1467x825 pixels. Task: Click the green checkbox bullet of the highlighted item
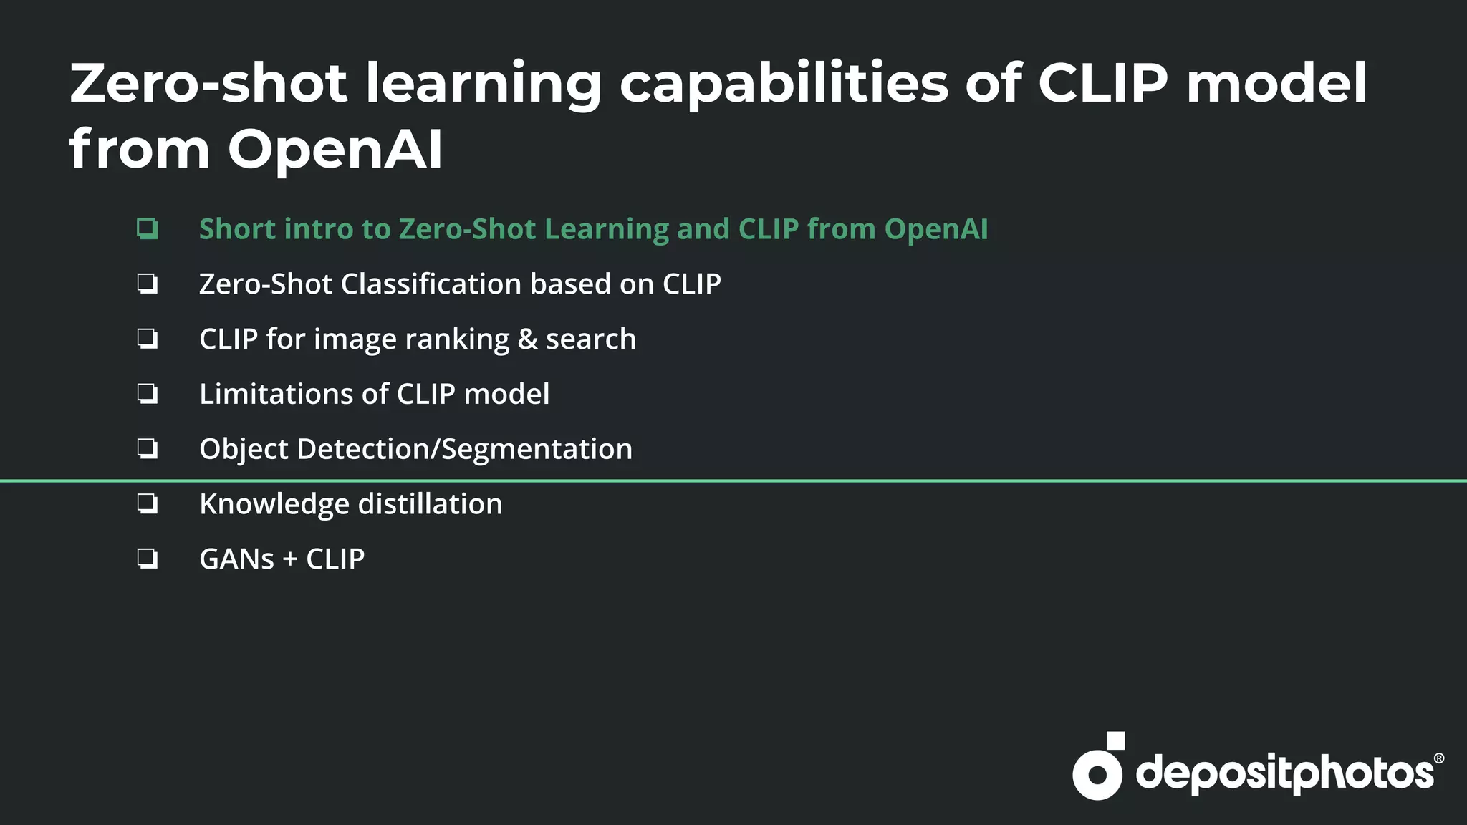(x=148, y=229)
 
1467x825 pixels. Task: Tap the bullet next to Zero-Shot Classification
(x=148, y=284)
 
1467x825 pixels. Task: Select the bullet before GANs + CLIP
(x=148, y=559)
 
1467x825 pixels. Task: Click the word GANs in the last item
(x=236, y=559)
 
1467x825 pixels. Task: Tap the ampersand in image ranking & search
(x=527, y=339)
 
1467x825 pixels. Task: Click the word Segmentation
(x=537, y=449)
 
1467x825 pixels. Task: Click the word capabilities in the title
(x=783, y=84)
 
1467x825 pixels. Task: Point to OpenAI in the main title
(x=335, y=149)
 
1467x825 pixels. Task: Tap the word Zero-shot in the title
(x=208, y=84)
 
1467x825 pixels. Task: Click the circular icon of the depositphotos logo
(x=1097, y=773)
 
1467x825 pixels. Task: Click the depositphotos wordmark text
(x=1284, y=773)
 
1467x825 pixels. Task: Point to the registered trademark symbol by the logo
(x=1438, y=758)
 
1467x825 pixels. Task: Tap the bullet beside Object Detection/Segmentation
(x=148, y=449)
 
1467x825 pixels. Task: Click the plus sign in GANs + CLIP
(x=290, y=559)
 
